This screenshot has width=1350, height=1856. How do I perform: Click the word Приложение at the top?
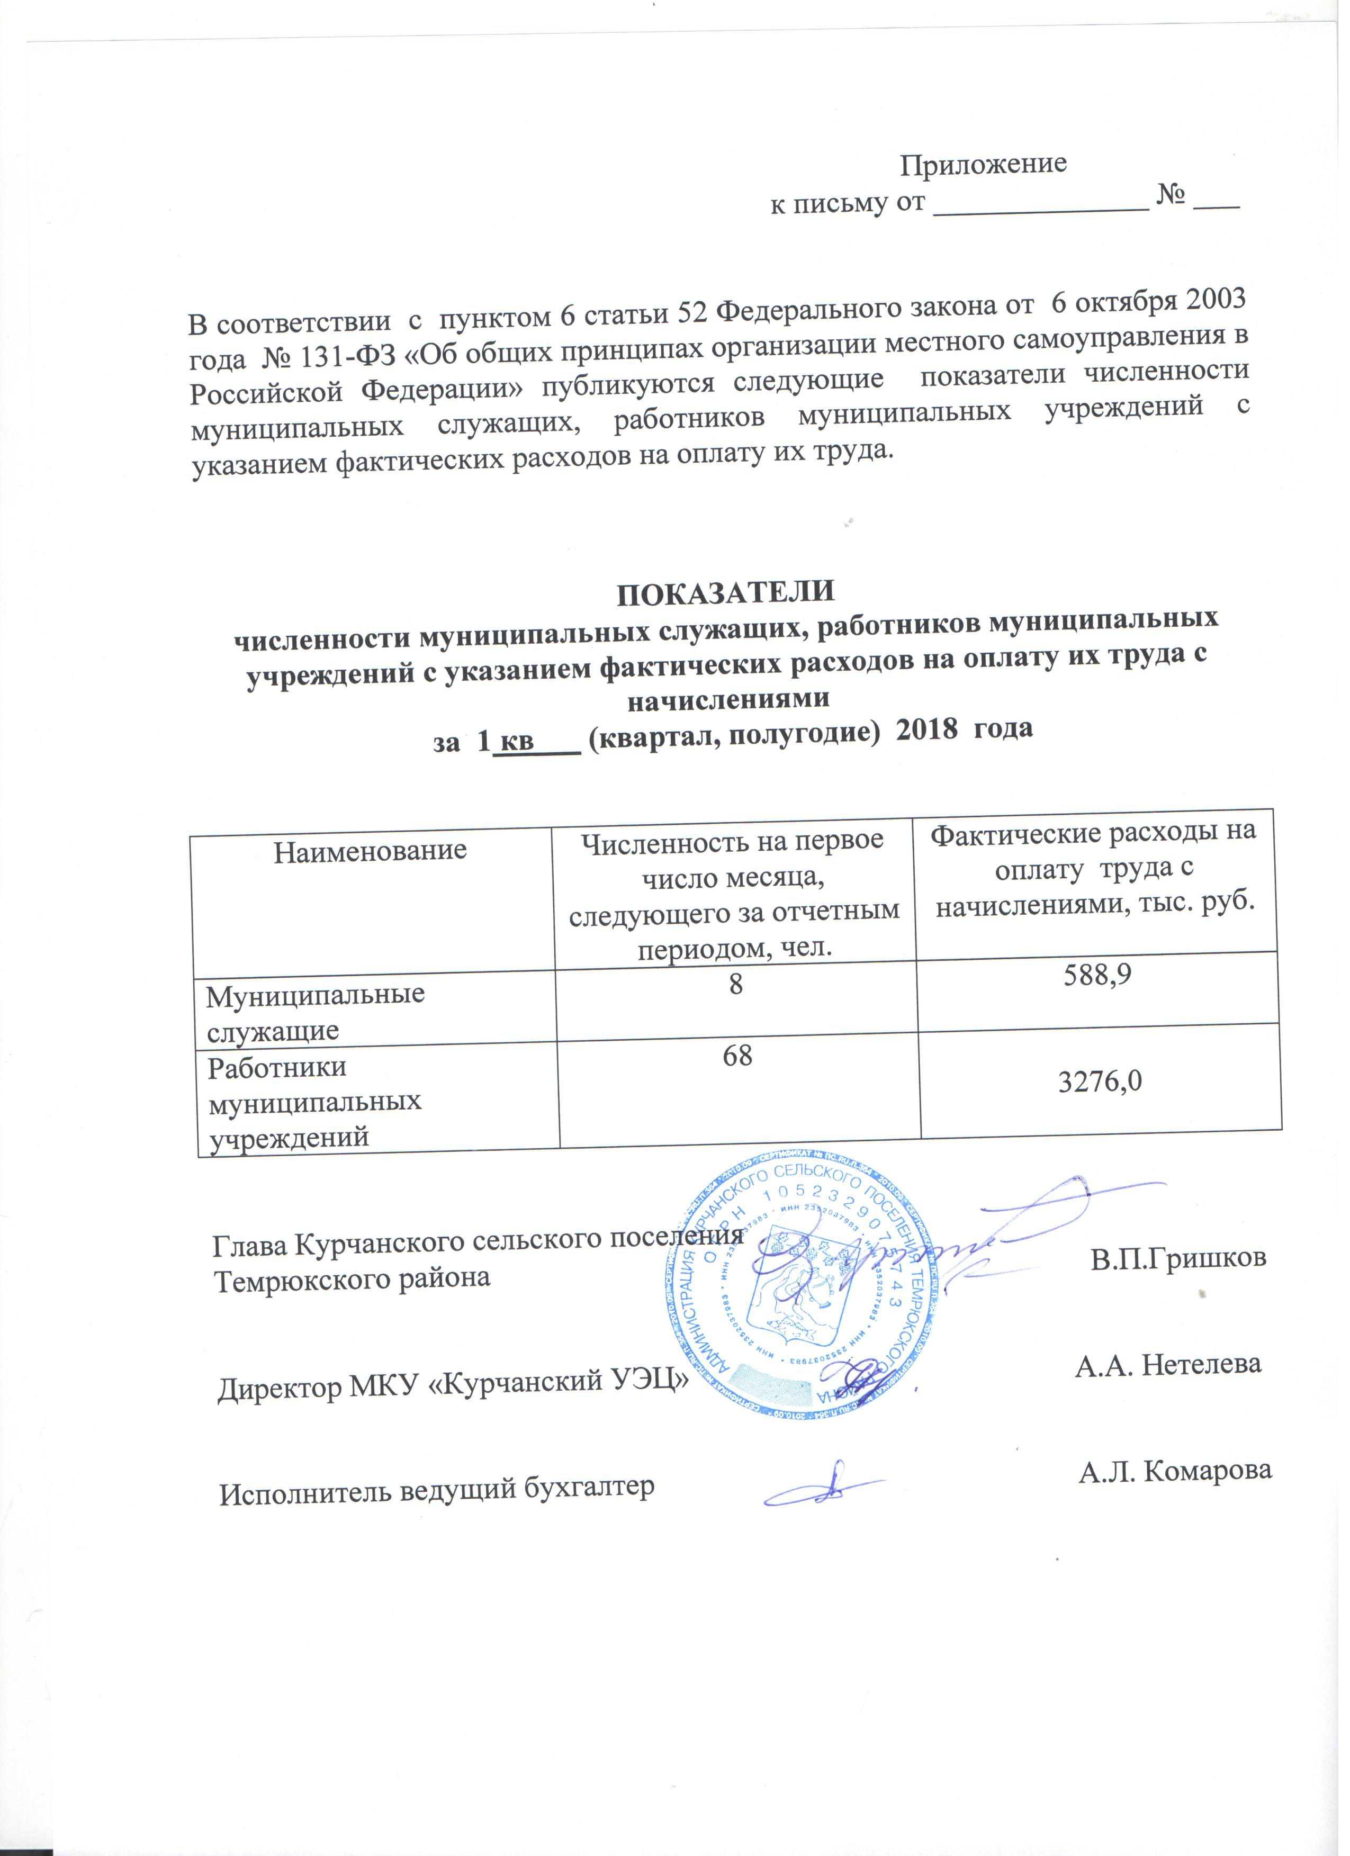(984, 165)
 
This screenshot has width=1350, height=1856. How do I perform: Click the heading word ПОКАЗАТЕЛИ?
(726, 592)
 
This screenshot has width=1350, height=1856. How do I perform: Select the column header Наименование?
(370, 851)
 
